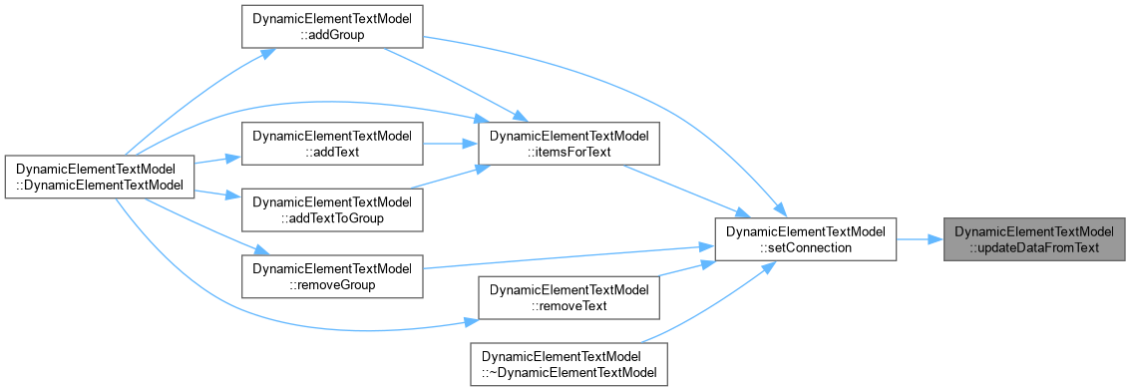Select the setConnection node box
[805, 239]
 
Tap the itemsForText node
[569, 144]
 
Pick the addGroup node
[331, 27]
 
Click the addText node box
[331, 144]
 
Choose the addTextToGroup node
[331, 209]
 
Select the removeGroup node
[331, 275]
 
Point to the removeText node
[569, 297]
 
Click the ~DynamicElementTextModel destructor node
[569, 364]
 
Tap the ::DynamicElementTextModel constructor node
[100, 177]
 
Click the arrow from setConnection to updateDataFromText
[920, 239]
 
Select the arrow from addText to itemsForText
[451, 144]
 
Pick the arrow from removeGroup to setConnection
[567, 257]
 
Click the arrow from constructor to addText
[217, 160]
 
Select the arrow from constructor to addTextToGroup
[217, 194]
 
